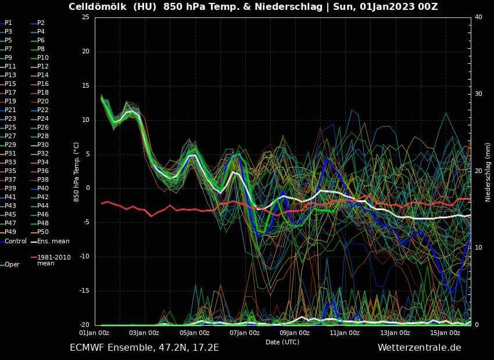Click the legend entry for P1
coord(8,23)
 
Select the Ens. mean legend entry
coord(53,241)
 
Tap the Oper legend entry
coord(12,264)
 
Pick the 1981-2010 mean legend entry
coord(53,260)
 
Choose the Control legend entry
coord(15,241)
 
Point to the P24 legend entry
coord(42,118)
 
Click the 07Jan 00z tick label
coord(245,333)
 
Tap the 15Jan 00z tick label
coord(445,333)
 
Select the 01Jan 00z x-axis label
coord(94,333)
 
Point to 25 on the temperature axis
coord(85,17)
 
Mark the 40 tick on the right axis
coord(478,17)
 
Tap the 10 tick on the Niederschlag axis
coord(478,248)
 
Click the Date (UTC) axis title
coord(282,342)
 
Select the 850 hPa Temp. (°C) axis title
coord(76,171)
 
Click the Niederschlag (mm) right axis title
coord(488,171)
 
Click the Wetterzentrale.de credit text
coord(419,348)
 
